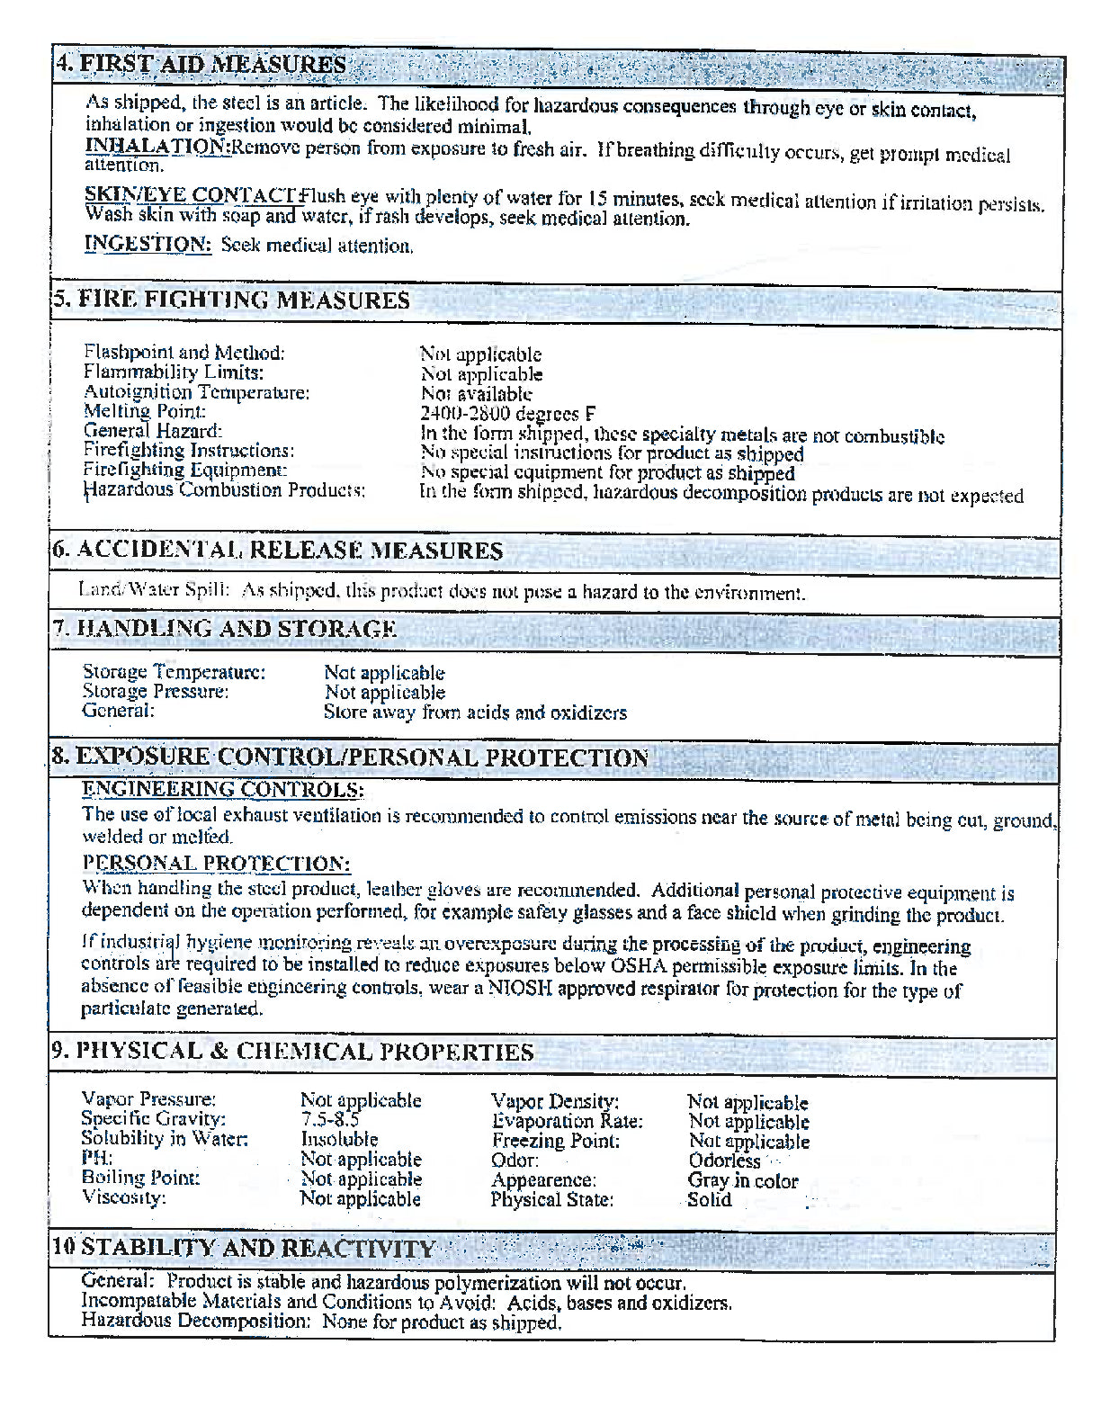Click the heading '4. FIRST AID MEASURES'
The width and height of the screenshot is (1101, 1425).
click(x=201, y=65)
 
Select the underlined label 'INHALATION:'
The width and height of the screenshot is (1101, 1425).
click(x=157, y=146)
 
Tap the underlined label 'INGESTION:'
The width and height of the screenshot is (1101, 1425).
click(x=148, y=244)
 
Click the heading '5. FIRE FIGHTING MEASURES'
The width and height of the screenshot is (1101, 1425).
click(x=230, y=300)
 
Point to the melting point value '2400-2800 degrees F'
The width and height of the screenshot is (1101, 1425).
click(x=507, y=414)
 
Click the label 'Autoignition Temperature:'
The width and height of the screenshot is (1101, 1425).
click(x=196, y=392)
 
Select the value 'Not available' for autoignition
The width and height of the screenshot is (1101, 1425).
click(x=476, y=394)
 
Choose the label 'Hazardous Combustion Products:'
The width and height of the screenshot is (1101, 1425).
click(x=224, y=490)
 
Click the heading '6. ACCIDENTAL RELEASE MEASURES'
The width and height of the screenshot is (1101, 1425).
click(x=277, y=551)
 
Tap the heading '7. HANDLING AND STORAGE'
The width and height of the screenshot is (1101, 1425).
click(x=224, y=629)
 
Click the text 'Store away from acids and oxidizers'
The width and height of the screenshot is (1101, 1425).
click(x=475, y=712)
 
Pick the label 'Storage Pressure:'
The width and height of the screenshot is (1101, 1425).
click(x=156, y=692)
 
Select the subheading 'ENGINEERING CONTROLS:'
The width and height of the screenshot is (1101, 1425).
click(x=223, y=790)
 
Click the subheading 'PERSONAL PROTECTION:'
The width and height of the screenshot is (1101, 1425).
click(x=216, y=864)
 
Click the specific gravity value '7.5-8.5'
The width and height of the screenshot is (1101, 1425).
click(x=329, y=1120)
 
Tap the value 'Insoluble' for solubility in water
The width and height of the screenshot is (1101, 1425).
click(x=339, y=1140)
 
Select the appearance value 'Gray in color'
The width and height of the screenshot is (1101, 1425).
click(x=743, y=1181)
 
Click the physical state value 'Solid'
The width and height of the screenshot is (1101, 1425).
click(x=710, y=1199)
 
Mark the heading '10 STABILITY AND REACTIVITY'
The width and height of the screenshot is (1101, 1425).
click(x=244, y=1248)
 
